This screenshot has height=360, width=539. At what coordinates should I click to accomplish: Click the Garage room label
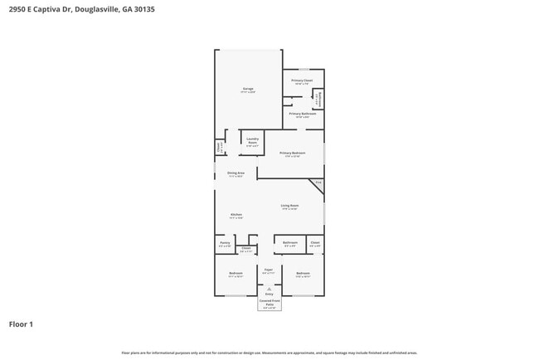coord(248,89)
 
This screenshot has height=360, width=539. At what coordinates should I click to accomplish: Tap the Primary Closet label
coord(301,81)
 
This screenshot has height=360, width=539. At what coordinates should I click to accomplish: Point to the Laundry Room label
coord(252,141)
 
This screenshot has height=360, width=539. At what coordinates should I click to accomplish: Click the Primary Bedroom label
coord(292,153)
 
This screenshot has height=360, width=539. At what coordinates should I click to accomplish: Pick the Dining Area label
coord(236,174)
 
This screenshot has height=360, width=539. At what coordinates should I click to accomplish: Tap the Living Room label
coord(289,206)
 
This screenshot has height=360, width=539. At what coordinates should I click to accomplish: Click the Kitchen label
coord(236,216)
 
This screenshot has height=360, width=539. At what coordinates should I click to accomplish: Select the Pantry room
coord(225,245)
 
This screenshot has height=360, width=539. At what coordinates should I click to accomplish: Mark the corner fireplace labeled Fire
coord(318,182)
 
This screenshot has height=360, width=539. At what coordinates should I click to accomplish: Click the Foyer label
coord(269,270)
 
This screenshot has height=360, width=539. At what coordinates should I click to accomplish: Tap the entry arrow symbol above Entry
coord(269,288)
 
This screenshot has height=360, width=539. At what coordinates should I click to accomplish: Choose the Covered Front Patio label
coord(269,304)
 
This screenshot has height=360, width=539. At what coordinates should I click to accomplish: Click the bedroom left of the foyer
coord(236,274)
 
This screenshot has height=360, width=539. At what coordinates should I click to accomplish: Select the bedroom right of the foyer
coord(303,274)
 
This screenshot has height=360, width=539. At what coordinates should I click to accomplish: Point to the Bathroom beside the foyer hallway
coord(289,244)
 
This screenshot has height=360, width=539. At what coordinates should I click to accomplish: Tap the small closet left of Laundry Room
coord(219,147)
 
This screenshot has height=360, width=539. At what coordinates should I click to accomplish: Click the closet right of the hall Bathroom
coord(315,244)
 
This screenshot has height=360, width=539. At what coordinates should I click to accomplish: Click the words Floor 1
coord(21,324)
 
